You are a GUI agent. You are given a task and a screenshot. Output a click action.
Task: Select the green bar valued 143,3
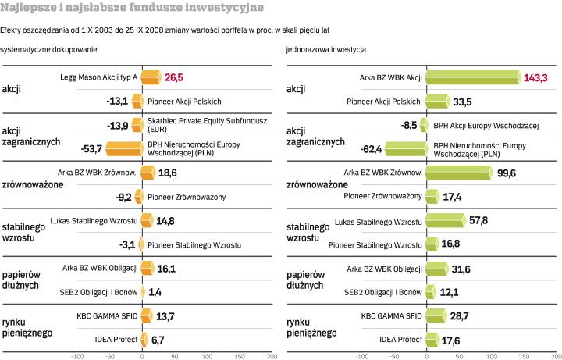tap(474, 77)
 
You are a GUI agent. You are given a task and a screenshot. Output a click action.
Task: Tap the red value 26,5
tap(174, 77)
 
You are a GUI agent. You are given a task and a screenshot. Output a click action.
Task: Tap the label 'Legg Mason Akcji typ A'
tap(99, 77)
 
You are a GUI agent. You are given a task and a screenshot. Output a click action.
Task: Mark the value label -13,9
tap(118, 125)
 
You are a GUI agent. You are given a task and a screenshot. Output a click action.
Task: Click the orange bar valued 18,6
tap(148, 173)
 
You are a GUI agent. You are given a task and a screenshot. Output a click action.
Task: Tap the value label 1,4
tap(155, 292)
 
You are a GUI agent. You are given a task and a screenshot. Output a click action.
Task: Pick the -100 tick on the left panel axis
tap(76, 355)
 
